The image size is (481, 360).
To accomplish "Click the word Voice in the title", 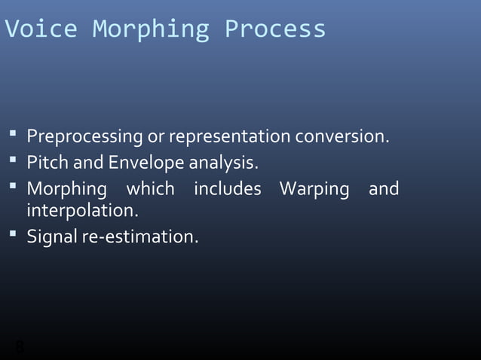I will pos(41,29).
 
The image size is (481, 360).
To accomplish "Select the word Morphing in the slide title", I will pos(150,29).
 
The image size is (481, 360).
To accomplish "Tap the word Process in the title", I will pos(275,29).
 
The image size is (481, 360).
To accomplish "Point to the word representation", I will pos(229,137).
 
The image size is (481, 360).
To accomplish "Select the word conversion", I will pos(342,137).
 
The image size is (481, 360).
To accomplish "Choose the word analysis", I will pos(223,163).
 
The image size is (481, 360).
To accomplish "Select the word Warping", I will pos(314,189).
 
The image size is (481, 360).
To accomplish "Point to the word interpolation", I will pos(83,210).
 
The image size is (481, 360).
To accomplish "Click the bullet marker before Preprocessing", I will pos(14,136).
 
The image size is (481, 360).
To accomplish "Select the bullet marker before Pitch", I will pos(14,161).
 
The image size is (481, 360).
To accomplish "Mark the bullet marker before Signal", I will pos(14,235).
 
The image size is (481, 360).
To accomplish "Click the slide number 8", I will pos(20,347).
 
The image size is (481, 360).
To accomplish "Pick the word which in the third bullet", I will pos(151,188).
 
